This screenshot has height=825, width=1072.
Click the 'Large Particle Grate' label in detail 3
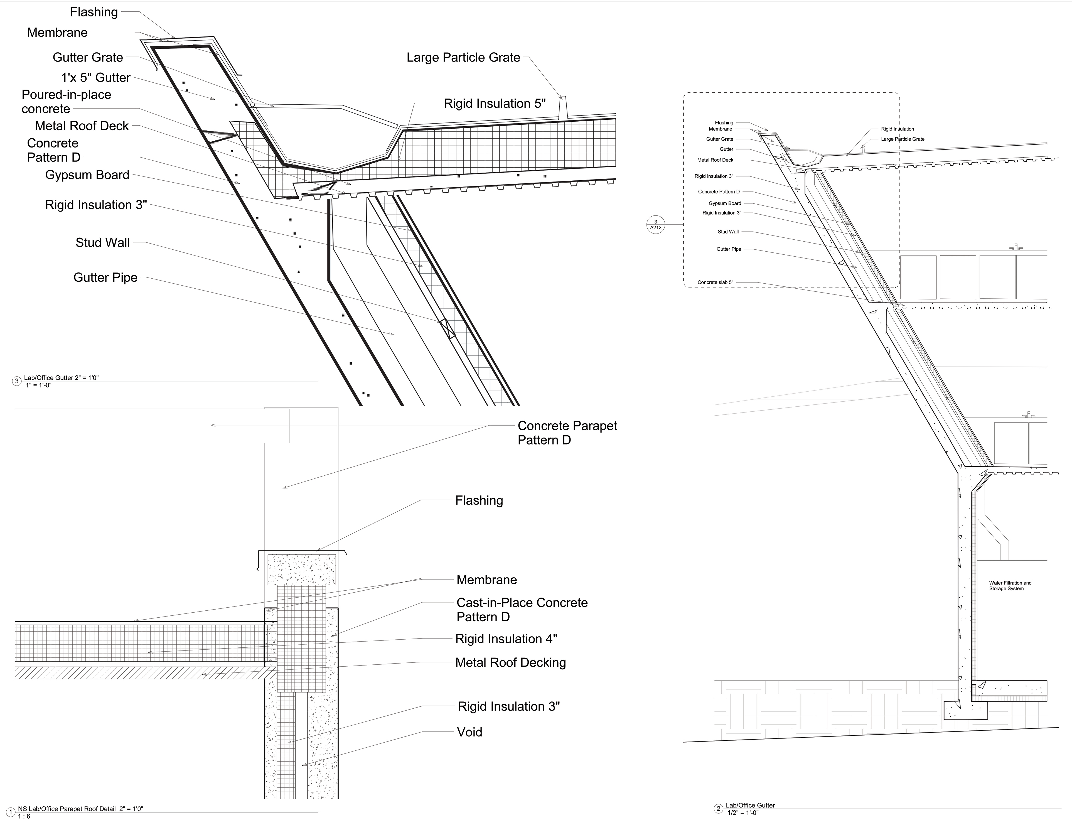[463, 57]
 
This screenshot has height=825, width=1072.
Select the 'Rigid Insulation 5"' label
[494, 104]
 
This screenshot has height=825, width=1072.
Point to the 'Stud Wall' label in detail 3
[103, 242]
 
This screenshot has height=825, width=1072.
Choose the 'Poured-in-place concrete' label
[66, 102]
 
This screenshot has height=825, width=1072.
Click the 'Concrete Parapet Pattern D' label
[567, 433]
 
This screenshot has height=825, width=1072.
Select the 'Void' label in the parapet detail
[469, 732]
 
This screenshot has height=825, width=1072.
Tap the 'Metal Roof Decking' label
[510, 662]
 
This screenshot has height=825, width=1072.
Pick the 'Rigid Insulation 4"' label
[506, 639]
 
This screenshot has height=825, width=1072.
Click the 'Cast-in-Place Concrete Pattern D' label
[522, 610]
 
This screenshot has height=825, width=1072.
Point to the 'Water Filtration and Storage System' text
[1010, 586]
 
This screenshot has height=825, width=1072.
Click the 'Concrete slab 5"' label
[715, 282]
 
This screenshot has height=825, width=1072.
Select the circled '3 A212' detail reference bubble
[656, 225]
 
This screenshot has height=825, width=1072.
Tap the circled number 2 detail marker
[718, 808]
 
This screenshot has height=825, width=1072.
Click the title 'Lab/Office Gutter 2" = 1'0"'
[61, 378]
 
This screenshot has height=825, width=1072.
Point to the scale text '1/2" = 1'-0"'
[743, 813]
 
